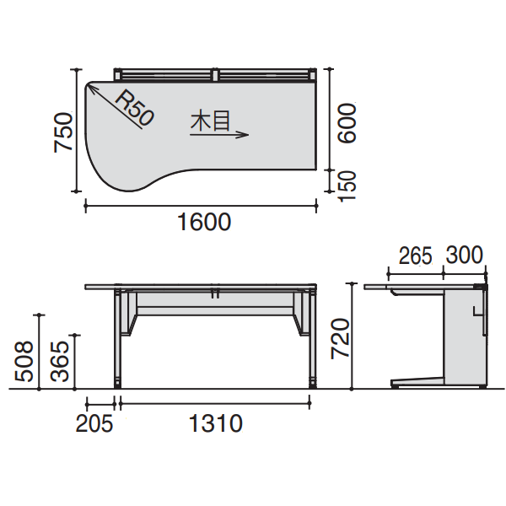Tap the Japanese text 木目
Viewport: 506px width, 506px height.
(210, 121)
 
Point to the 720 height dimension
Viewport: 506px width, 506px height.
(339, 337)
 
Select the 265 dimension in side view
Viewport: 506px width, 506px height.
(415, 256)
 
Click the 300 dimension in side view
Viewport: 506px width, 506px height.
(465, 256)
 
